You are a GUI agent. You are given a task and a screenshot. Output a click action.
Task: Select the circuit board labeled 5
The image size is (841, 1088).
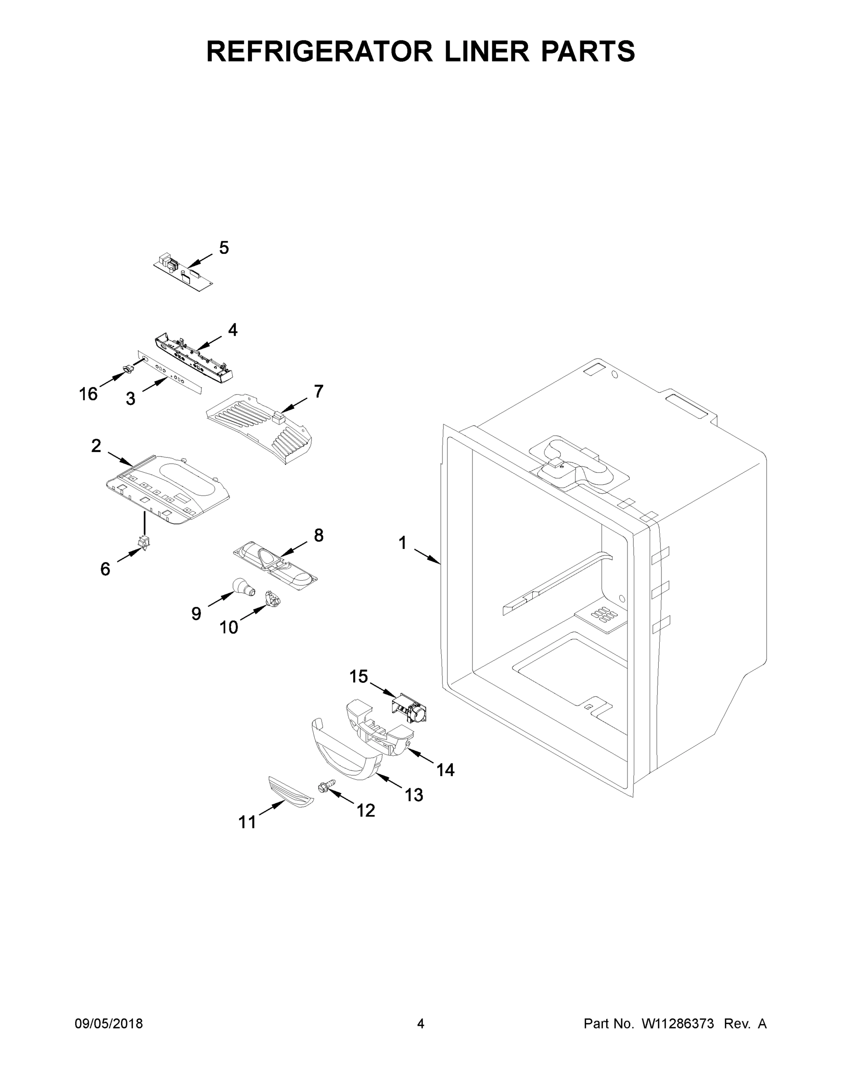click(183, 272)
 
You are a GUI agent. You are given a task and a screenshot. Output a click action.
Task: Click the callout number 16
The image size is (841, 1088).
click(88, 394)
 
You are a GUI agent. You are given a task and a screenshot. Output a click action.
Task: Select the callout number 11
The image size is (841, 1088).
click(247, 821)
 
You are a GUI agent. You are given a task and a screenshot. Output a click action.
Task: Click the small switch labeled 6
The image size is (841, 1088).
click(145, 543)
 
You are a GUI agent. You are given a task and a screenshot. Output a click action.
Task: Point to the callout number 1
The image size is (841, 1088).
click(403, 543)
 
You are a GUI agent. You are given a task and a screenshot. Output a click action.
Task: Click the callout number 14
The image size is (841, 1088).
click(445, 770)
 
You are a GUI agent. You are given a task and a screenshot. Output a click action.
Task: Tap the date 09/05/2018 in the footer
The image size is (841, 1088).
click(109, 1024)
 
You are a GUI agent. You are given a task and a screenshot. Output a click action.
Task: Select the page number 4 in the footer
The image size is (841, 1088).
click(421, 1024)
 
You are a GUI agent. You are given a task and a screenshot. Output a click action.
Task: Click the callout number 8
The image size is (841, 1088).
click(318, 535)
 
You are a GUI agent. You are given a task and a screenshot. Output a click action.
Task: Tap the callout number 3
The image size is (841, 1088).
click(130, 398)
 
